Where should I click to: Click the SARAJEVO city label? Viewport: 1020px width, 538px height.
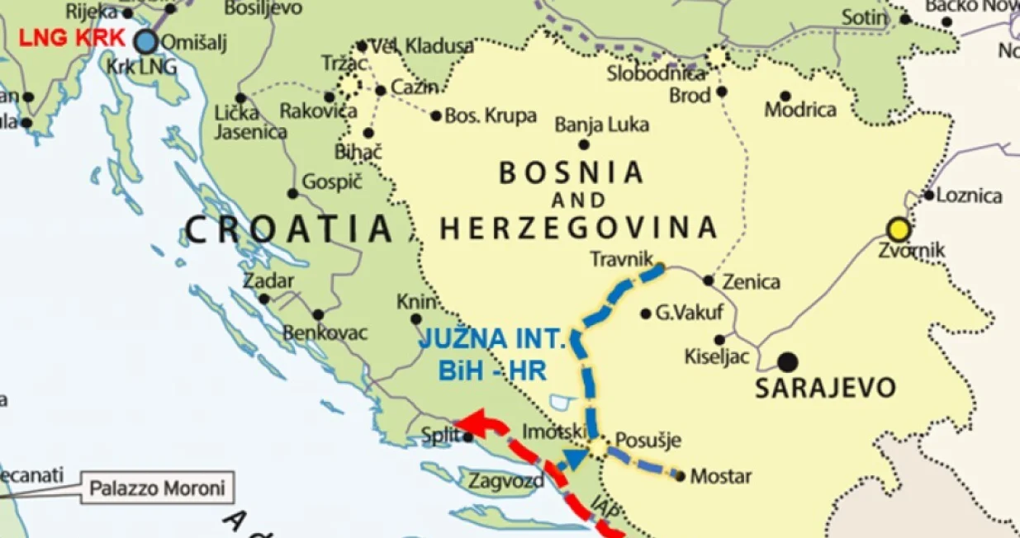pos(825,388)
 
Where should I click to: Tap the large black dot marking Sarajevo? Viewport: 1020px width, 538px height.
pos(788,361)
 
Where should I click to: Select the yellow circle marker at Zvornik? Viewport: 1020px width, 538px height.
pos(898,229)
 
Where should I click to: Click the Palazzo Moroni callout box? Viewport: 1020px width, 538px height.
pos(157,488)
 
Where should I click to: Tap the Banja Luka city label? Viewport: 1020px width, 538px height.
pos(601,125)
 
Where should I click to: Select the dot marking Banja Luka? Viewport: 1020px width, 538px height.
pos(584,144)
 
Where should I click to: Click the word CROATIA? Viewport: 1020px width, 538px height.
pos(288,229)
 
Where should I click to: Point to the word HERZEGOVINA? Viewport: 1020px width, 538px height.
pos(577,227)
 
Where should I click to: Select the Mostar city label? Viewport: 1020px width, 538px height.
pos(720,476)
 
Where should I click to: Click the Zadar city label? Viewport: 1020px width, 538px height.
pos(268,281)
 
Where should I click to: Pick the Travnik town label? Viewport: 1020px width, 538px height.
pos(621,259)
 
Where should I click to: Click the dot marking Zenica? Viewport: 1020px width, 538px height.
pos(708,281)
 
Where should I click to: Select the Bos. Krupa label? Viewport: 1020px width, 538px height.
pos(491,116)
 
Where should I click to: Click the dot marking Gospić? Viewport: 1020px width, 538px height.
pos(292,194)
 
